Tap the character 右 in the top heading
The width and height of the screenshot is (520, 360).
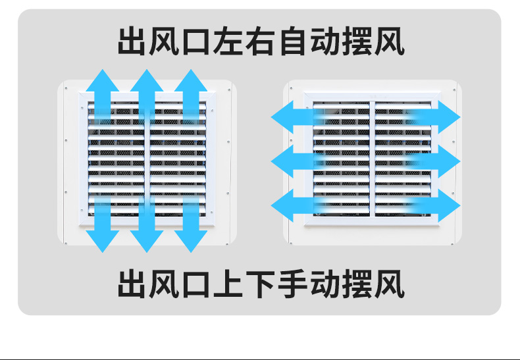coord(263,42)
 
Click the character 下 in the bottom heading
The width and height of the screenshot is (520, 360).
coord(263,284)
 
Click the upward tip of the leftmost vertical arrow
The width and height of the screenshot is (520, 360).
coord(102,68)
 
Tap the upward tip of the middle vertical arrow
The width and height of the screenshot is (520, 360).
coord(146,68)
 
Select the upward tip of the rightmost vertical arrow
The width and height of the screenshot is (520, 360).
coord(191,68)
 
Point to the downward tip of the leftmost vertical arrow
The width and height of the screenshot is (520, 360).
coord(102,251)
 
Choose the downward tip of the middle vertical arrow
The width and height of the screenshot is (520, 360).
coord(146,251)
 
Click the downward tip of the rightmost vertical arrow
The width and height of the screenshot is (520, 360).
coord(191,251)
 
